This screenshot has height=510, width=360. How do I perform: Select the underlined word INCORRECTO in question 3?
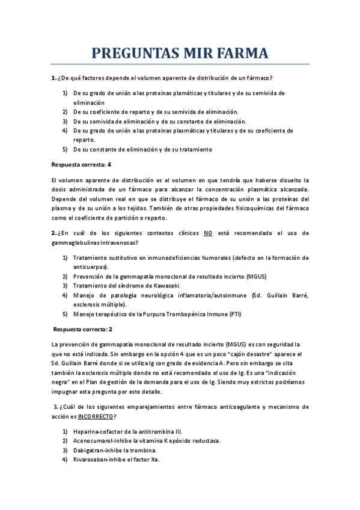[x=97, y=417]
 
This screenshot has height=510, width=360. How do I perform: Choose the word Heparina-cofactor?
[x=99, y=431]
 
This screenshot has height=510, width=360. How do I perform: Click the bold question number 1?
[x=53, y=78]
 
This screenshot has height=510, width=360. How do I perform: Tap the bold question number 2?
[x=53, y=233]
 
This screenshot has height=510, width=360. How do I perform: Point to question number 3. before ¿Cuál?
[x=55, y=407]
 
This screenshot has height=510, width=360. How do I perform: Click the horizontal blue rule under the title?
[x=180, y=64]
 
